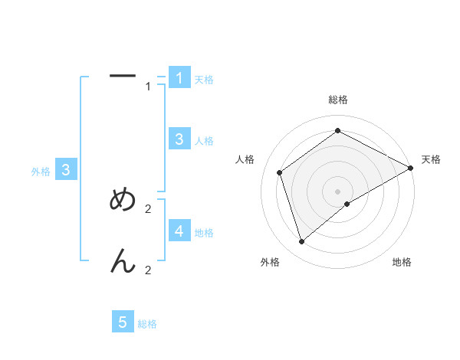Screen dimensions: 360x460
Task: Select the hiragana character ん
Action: click(123, 262)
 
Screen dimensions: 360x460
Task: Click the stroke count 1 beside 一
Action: click(148, 87)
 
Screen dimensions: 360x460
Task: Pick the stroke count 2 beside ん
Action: click(148, 270)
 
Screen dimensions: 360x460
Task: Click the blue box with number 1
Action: click(179, 77)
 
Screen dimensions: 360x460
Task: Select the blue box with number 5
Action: click(123, 322)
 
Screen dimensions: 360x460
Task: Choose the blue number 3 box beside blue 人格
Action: click(179, 139)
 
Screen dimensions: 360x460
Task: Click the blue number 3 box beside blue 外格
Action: click(67, 170)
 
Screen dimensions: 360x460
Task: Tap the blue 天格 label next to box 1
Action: click(204, 80)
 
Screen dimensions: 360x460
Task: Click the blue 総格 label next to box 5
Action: click(147, 324)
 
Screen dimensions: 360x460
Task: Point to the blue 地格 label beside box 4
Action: click(204, 232)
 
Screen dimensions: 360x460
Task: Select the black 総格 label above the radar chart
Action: click(338, 100)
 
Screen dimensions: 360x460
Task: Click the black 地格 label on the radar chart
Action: click(402, 263)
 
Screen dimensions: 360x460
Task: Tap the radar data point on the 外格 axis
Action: click(301, 242)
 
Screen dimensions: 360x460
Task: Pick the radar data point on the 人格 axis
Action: click(280, 172)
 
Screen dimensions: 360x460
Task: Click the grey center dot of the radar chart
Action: click(338, 191)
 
